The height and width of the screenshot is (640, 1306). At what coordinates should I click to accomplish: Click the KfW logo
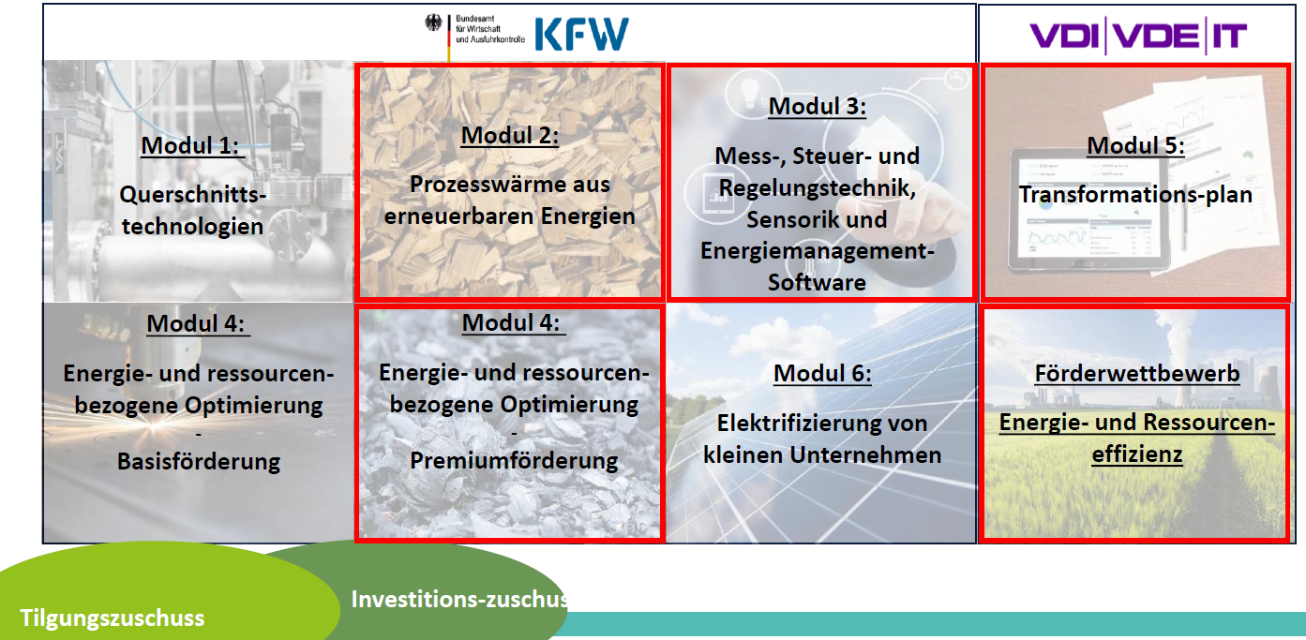pos(581,34)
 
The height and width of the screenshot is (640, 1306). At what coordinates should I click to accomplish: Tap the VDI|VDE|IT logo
pos(1138,36)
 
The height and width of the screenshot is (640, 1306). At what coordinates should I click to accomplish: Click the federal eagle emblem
pos(433,23)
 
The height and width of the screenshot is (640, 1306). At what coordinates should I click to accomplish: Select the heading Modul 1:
pos(190,146)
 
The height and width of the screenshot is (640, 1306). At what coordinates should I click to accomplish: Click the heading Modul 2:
pos(510,135)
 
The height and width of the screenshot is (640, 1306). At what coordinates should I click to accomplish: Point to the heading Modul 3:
pos(817,106)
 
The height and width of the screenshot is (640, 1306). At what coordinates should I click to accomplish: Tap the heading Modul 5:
pos(1135,146)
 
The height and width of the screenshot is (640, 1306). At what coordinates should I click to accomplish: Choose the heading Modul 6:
pos(822,373)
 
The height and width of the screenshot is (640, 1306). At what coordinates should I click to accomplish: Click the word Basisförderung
pos(198,461)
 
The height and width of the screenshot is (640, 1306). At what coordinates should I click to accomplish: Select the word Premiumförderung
pos(514,460)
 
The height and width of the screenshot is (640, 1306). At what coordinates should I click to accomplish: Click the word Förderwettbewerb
pos(1137,373)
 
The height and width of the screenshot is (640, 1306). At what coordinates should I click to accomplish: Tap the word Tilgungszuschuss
pos(112,618)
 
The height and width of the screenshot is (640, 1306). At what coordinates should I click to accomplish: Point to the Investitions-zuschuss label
pos(459,599)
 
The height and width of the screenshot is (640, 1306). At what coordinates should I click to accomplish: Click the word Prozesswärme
pos(487,185)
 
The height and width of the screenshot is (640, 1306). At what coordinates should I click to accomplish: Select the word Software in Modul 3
pos(817,283)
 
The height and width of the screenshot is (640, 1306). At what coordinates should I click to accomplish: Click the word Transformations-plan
pos(1135,195)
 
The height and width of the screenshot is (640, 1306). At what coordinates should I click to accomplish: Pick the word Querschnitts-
pos(192,195)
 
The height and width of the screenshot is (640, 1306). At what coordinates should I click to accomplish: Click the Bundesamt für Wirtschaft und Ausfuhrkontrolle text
pos(489,29)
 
